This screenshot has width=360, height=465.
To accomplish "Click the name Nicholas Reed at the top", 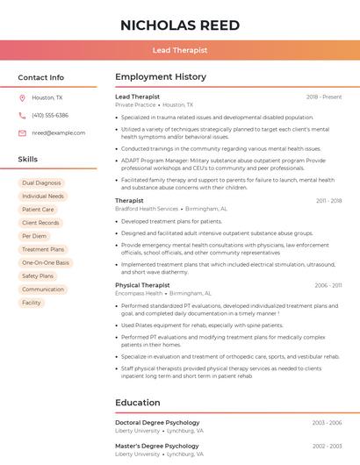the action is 180,25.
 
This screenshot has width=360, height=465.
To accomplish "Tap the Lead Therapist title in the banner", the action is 180,50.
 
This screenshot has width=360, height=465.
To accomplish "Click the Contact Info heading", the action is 41,77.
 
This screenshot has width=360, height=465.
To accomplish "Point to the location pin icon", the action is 22,98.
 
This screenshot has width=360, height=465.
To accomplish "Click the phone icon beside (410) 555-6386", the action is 22,116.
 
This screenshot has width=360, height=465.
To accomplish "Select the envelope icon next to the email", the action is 22,133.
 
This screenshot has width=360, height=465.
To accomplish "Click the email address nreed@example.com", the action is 59,133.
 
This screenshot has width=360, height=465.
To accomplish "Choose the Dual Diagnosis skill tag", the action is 41,182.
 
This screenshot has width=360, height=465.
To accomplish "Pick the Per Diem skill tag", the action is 34,236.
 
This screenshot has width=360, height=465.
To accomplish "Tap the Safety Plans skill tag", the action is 38,275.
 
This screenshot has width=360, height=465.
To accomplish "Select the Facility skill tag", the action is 32,303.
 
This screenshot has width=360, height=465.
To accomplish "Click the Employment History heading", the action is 161,77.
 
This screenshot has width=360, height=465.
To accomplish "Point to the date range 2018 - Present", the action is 324,97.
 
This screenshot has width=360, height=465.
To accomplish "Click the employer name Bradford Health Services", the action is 147,210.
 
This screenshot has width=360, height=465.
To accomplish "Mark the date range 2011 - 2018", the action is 328,201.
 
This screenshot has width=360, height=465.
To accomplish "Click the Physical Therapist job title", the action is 142,285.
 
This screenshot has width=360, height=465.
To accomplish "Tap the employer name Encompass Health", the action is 139,294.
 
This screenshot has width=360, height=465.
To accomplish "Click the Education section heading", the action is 138,403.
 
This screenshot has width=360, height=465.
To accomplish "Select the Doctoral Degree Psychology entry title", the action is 157,423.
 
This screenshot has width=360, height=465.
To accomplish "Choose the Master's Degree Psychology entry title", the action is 157,446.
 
